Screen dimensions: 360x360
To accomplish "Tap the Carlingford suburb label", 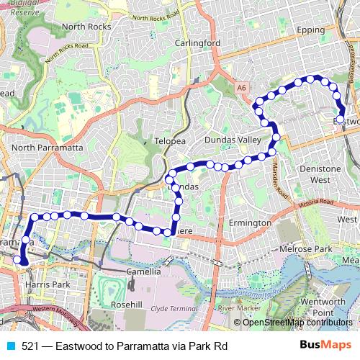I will (197, 42).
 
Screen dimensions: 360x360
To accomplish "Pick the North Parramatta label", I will (48, 148).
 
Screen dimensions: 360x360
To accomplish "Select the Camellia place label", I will (143, 272).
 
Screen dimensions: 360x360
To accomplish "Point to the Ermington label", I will (249, 223).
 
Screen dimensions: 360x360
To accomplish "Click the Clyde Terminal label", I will (176, 308).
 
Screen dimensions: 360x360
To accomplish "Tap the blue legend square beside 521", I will (10, 345).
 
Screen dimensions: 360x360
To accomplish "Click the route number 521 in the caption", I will (31, 345).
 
